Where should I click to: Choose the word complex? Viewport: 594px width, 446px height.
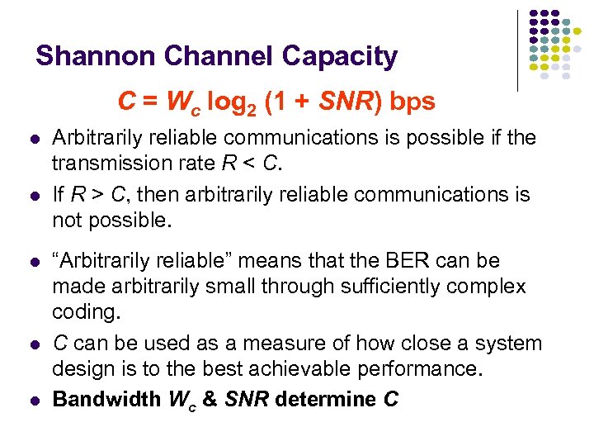(487, 286)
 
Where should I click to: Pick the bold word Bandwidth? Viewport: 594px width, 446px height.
(106, 399)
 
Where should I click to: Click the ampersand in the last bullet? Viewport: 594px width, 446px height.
(210, 399)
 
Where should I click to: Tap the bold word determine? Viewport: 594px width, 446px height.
(327, 399)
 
